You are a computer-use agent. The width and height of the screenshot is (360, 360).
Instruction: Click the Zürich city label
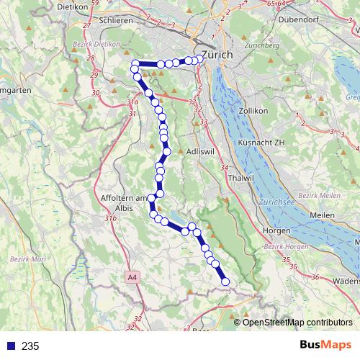(219, 54)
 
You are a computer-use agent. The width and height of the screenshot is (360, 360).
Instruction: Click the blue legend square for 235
(8, 346)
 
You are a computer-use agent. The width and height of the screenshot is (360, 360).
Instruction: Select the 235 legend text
(30, 346)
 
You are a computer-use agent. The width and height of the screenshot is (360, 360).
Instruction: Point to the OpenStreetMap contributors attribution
(297, 322)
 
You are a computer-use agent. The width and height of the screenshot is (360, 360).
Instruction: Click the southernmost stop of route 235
(225, 282)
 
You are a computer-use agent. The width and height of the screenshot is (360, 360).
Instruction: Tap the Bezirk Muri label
(26, 258)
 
